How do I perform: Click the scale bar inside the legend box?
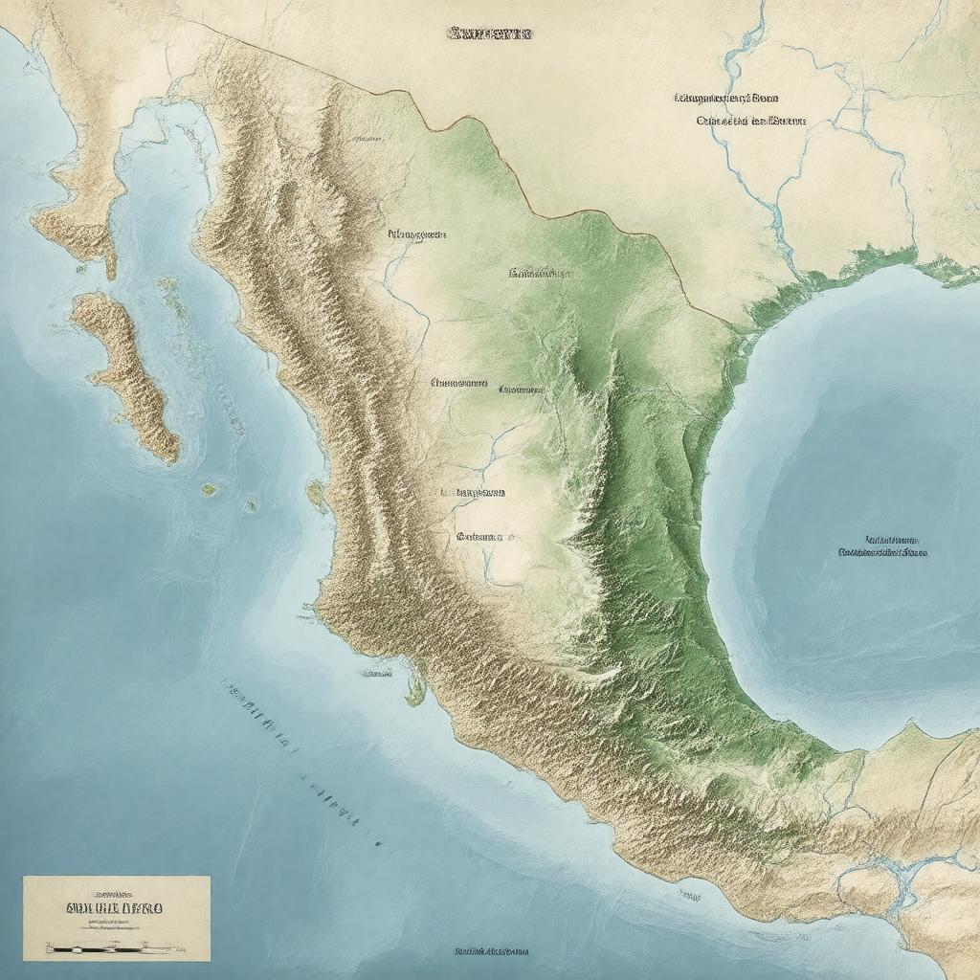(x=115, y=948)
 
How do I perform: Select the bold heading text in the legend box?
(x=116, y=906)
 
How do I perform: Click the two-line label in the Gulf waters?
(x=883, y=546)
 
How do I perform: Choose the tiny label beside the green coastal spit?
(x=376, y=674)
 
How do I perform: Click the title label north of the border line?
(x=489, y=33)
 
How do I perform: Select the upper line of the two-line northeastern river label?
(x=726, y=98)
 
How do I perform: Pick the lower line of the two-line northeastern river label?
(x=750, y=122)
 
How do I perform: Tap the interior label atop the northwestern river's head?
(x=416, y=234)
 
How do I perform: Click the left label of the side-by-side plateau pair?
(x=458, y=383)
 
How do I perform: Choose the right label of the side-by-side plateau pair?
(x=522, y=390)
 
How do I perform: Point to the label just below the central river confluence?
(x=472, y=493)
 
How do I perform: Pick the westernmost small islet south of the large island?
(x=209, y=489)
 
